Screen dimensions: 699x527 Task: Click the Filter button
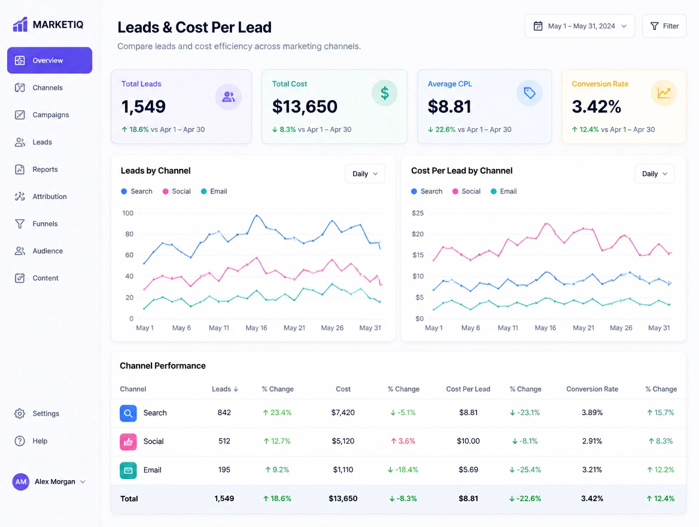tap(664, 26)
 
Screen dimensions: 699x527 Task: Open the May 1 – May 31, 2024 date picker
tap(579, 26)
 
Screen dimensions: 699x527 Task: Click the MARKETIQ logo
tap(48, 25)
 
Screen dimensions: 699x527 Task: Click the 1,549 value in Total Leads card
tap(144, 106)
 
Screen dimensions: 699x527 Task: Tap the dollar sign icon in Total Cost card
tap(385, 93)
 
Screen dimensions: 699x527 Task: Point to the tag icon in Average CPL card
tap(530, 93)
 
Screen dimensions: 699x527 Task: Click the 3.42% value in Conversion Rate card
tap(597, 106)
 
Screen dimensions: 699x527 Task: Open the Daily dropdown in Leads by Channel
tap(365, 174)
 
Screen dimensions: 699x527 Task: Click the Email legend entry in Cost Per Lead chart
tap(504, 192)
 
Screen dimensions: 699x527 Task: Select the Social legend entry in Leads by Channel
tap(177, 192)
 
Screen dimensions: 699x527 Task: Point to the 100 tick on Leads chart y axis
tap(128, 213)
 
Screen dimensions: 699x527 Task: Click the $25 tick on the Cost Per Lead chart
tap(418, 213)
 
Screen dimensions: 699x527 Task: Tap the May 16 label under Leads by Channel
tap(256, 328)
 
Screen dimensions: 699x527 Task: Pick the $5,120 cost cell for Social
tap(343, 441)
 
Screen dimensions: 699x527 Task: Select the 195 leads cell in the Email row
tap(224, 470)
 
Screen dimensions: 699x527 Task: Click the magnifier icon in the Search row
tap(128, 413)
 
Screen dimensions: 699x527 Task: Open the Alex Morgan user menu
tap(49, 482)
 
